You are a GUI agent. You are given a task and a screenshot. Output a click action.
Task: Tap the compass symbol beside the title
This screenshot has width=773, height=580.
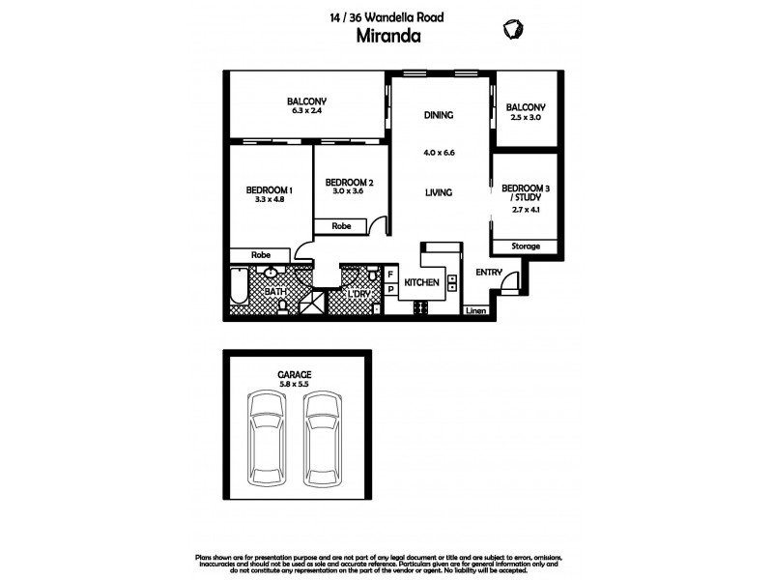point(511,29)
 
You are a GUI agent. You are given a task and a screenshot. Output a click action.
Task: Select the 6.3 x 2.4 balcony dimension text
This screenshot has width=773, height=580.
point(306,111)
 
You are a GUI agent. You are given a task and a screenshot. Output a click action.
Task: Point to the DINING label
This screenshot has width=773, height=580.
point(439,116)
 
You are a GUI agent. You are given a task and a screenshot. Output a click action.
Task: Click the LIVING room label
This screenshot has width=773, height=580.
point(439,192)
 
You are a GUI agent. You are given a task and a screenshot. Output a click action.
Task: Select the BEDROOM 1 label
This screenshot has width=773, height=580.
point(269,189)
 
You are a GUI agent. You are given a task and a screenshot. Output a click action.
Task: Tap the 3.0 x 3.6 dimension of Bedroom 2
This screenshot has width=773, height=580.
point(350,191)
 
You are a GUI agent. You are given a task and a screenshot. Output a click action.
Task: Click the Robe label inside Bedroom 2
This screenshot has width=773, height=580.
point(340,225)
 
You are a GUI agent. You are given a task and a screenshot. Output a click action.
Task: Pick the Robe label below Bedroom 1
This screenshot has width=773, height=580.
point(260,255)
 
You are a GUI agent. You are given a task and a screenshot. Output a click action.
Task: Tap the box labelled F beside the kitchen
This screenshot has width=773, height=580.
point(391,275)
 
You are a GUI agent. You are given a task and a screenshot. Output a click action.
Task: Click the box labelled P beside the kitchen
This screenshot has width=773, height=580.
point(391,289)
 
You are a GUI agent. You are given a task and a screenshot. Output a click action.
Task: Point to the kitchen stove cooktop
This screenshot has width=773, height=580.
point(421,307)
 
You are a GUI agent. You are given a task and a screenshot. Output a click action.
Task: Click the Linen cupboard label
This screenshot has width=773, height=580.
point(473,310)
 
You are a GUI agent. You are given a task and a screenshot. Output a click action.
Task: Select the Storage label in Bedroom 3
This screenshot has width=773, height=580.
point(527,246)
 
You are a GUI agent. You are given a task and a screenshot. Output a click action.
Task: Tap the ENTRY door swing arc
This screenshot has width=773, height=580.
point(512,279)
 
